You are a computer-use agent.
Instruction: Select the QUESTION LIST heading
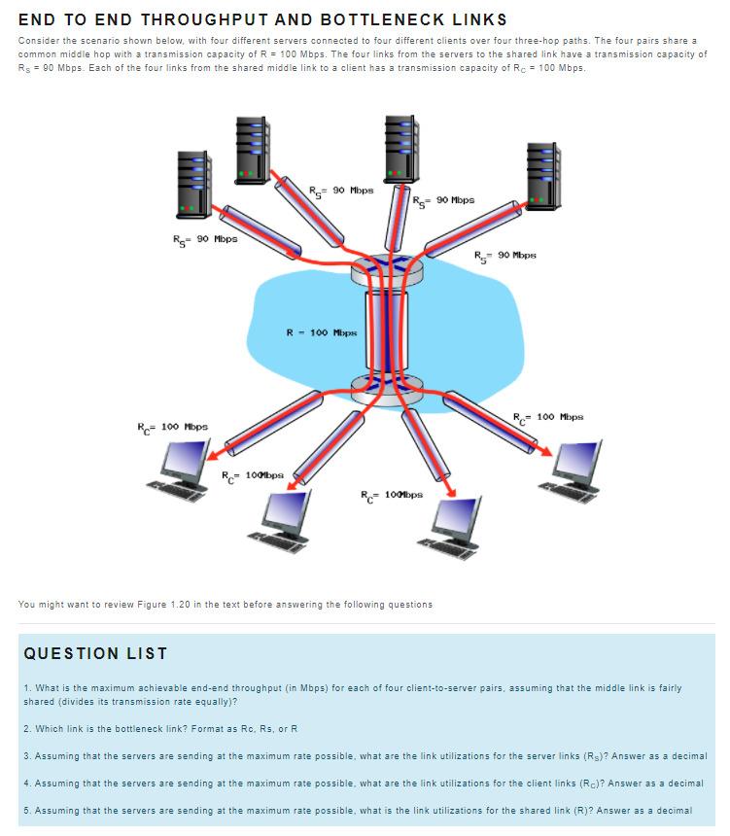(95, 653)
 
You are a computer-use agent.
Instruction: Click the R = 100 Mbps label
(321, 332)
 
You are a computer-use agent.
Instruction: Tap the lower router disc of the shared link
(389, 386)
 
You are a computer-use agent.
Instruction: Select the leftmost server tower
(193, 185)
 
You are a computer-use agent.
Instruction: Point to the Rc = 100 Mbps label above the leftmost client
(172, 428)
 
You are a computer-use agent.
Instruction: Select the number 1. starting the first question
(25, 688)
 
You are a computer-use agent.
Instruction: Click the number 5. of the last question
(25, 810)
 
